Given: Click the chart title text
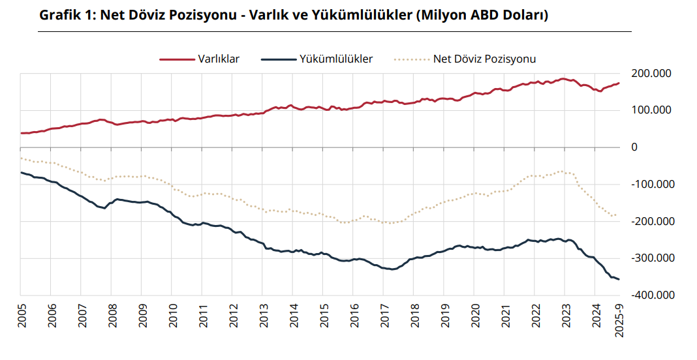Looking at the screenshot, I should coord(293,15).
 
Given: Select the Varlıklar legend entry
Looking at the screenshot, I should coord(219,59).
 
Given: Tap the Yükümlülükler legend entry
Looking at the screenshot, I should coord(335,59).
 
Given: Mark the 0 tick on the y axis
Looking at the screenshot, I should coord(634,147).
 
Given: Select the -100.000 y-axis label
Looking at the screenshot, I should coord(653,184).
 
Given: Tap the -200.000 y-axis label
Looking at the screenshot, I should coord(653,221).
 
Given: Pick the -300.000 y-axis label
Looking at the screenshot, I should coord(653,258).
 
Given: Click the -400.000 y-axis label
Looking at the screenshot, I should coord(653,295).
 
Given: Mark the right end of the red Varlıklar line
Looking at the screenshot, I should coord(619,83).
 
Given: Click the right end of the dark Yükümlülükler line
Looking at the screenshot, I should coord(619,279).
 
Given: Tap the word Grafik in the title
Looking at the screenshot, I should coord(60,15).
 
